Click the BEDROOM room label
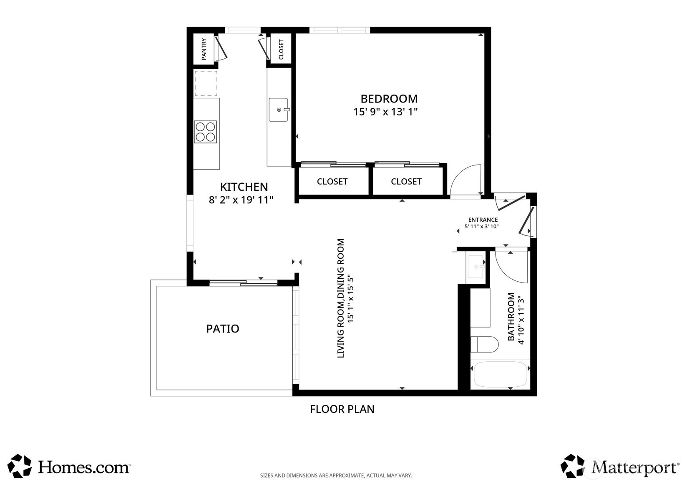coord(389,99)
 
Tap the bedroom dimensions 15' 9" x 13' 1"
coord(385,112)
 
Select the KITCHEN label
coord(244,187)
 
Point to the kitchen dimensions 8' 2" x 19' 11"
coord(241,200)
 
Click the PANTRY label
coord(204,49)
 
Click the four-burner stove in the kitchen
coord(206,132)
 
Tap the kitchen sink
coord(279,110)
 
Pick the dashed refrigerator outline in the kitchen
coord(206,83)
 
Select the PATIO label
coord(223,329)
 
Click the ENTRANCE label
coord(483,220)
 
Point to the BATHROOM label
coord(511,317)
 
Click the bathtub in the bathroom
coord(501,375)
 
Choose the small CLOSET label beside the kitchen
coord(281,49)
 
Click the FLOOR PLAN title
coord(342,409)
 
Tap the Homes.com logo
coord(68,466)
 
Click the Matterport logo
coord(620,466)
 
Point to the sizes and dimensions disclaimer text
coord(336,475)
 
